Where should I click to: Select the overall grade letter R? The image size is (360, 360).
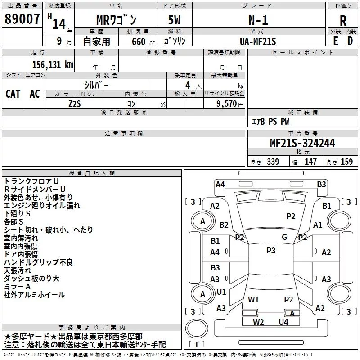343,21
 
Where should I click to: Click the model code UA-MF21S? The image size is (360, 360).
259,41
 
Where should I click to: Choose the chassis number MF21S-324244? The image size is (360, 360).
302,143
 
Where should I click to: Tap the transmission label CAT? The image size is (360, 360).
13,94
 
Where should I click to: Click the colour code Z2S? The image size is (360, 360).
75,103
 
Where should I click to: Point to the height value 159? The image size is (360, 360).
346,162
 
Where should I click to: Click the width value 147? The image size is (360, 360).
310,162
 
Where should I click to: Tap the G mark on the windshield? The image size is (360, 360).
284,237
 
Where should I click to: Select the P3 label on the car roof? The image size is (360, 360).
271,251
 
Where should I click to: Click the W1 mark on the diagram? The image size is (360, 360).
253,299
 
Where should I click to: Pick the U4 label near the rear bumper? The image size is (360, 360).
283,322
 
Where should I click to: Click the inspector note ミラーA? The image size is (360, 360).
17,287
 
